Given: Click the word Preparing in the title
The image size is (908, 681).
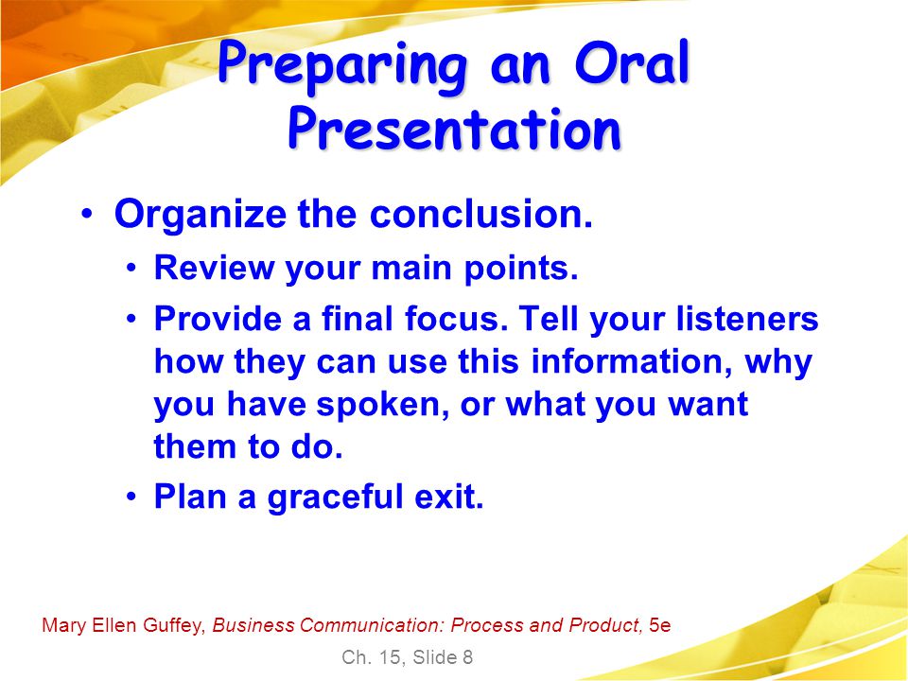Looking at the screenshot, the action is (x=342, y=65).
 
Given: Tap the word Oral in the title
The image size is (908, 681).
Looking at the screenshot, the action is (x=632, y=61).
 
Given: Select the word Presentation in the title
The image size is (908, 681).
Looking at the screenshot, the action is (x=455, y=130).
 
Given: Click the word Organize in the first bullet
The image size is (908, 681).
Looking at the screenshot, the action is (x=200, y=215).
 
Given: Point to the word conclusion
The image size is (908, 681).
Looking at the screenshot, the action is (x=481, y=214).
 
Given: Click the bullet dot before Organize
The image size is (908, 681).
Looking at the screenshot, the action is (x=87, y=214).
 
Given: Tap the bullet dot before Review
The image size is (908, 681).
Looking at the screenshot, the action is (x=132, y=268).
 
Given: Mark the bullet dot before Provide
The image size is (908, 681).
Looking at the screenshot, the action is (x=132, y=319).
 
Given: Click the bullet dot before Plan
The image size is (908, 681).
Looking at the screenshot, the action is (x=132, y=497).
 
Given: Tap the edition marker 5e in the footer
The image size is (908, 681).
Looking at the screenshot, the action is (x=659, y=625).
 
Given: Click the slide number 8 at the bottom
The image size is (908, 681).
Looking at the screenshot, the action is (x=466, y=657).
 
